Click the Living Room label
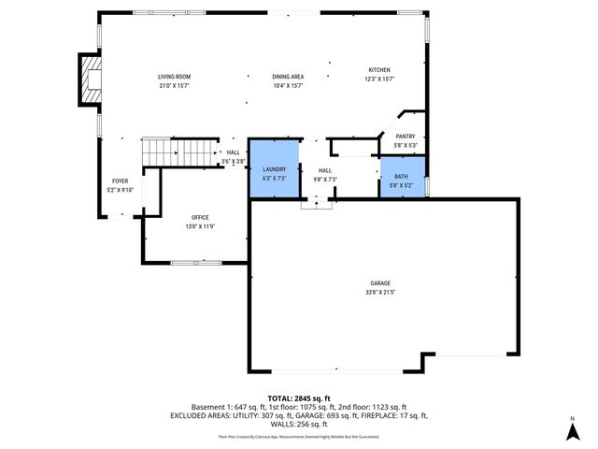point(174,77)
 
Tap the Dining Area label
point(288,77)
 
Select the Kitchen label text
point(379,70)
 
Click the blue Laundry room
point(274,169)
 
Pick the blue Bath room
point(402,177)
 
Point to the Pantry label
point(405,137)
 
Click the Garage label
point(379,283)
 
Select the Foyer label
point(121,181)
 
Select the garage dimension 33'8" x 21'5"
point(379,293)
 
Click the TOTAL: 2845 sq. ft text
point(299,398)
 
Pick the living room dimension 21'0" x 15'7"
point(174,86)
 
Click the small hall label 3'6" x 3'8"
point(233,162)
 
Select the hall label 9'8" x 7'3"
point(325,179)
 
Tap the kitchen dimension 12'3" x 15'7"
point(379,80)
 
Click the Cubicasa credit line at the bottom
point(299,436)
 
